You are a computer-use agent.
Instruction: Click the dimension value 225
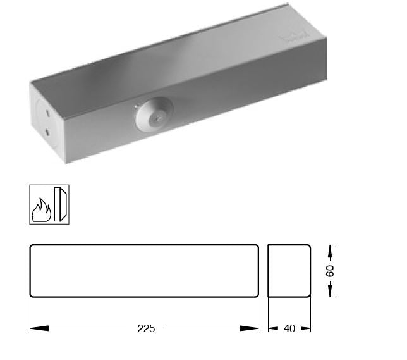pyautogui.click(x=146, y=328)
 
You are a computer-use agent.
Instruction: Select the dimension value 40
pyautogui.click(x=289, y=328)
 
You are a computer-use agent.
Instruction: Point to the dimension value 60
pyautogui.click(x=331, y=271)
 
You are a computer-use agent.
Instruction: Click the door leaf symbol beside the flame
pyautogui.click(x=61, y=204)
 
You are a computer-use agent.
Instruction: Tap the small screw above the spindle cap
pyautogui.click(x=136, y=104)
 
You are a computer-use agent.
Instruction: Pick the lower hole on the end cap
pyautogui.click(x=46, y=132)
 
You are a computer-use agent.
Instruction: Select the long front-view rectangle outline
pyautogui.click(x=144, y=270)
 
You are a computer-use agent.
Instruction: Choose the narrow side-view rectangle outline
pyautogui.click(x=289, y=270)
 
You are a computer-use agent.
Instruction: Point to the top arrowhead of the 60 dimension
pyautogui.click(x=331, y=249)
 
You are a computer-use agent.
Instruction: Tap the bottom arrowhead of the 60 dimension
pyautogui.click(x=331, y=292)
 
